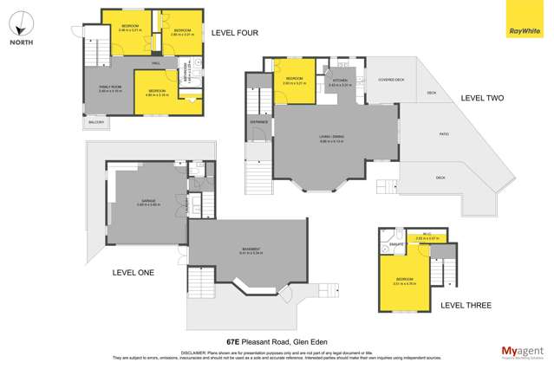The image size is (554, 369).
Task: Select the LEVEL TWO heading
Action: tap(482, 98)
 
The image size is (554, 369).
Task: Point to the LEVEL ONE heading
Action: tap(133, 272)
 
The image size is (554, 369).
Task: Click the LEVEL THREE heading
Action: tap(466, 305)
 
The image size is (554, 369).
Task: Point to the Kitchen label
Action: tap(338, 82)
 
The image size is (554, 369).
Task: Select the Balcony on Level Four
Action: tap(95, 122)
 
